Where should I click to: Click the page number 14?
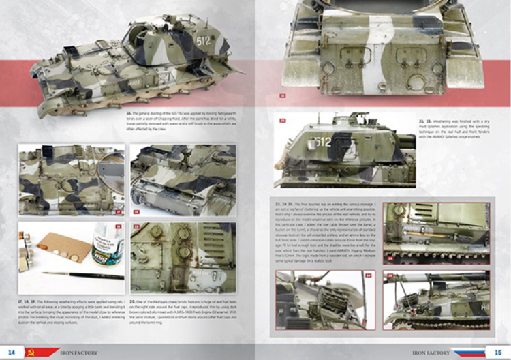[11, 351]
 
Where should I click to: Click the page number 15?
[499, 351]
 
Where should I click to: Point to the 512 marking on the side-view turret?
[323, 142]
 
